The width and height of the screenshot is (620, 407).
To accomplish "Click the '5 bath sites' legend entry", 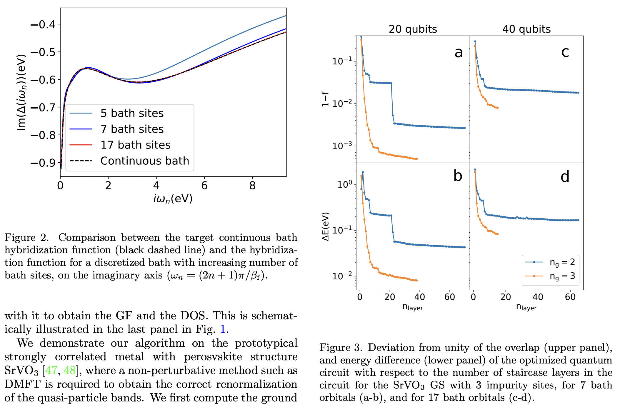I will pos(132,113).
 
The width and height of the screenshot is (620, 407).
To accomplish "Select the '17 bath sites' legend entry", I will pos(135,145).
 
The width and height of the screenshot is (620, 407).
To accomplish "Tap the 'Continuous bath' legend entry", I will pos(145,161).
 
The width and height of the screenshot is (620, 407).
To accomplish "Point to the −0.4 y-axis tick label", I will pos(43,24).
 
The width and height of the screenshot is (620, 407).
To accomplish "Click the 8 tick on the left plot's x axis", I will pos(252,186).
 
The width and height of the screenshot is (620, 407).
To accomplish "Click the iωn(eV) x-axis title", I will pos(173,199).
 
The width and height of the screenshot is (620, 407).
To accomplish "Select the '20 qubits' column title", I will pos(413,29).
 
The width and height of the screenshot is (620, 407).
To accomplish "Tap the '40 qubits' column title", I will pos(526,29).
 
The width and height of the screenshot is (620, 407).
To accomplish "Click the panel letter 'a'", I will pos(459,53).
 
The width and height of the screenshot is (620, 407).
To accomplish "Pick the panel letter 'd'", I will pos(565,177).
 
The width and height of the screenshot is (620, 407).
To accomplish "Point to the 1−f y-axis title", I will pos(325,99).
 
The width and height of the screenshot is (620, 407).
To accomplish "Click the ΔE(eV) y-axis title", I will pos(325,226).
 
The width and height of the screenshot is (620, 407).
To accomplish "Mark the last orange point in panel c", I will pos(498,108).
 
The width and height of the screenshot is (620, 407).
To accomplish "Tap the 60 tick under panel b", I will pos(450,297).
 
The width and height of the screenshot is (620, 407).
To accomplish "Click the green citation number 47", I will pos(51,370).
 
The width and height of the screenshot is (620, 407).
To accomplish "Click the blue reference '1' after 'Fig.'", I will pos(223,329).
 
